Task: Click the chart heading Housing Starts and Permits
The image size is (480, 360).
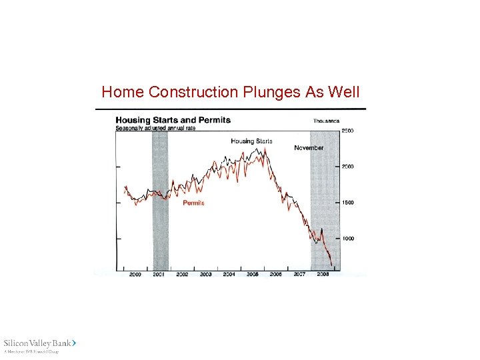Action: tap(173, 121)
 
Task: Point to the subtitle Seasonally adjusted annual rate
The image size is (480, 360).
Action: tap(155, 128)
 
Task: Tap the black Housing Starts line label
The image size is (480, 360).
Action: tap(251, 141)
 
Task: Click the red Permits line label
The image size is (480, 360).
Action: tap(193, 203)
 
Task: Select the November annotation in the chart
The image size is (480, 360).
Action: tap(309, 148)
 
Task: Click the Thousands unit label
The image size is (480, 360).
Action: tap(327, 121)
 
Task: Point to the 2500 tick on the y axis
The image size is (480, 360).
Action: tap(348, 131)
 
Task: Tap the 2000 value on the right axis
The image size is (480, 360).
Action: tap(348, 167)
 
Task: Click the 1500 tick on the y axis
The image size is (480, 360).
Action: tap(348, 203)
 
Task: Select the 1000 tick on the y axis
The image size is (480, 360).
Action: tap(348, 238)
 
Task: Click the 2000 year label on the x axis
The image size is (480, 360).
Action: tap(135, 275)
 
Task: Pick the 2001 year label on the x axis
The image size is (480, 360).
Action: tap(159, 275)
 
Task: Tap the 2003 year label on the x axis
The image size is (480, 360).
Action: tap(205, 275)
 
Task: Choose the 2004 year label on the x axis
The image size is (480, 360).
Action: tap(229, 275)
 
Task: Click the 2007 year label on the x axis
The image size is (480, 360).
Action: tap(300, 275)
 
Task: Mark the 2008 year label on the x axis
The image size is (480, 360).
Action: tap(323, 275)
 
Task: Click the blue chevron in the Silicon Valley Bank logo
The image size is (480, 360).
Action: tap(74, 342)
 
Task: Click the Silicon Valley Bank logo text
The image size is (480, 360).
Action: tap(37, 343)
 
